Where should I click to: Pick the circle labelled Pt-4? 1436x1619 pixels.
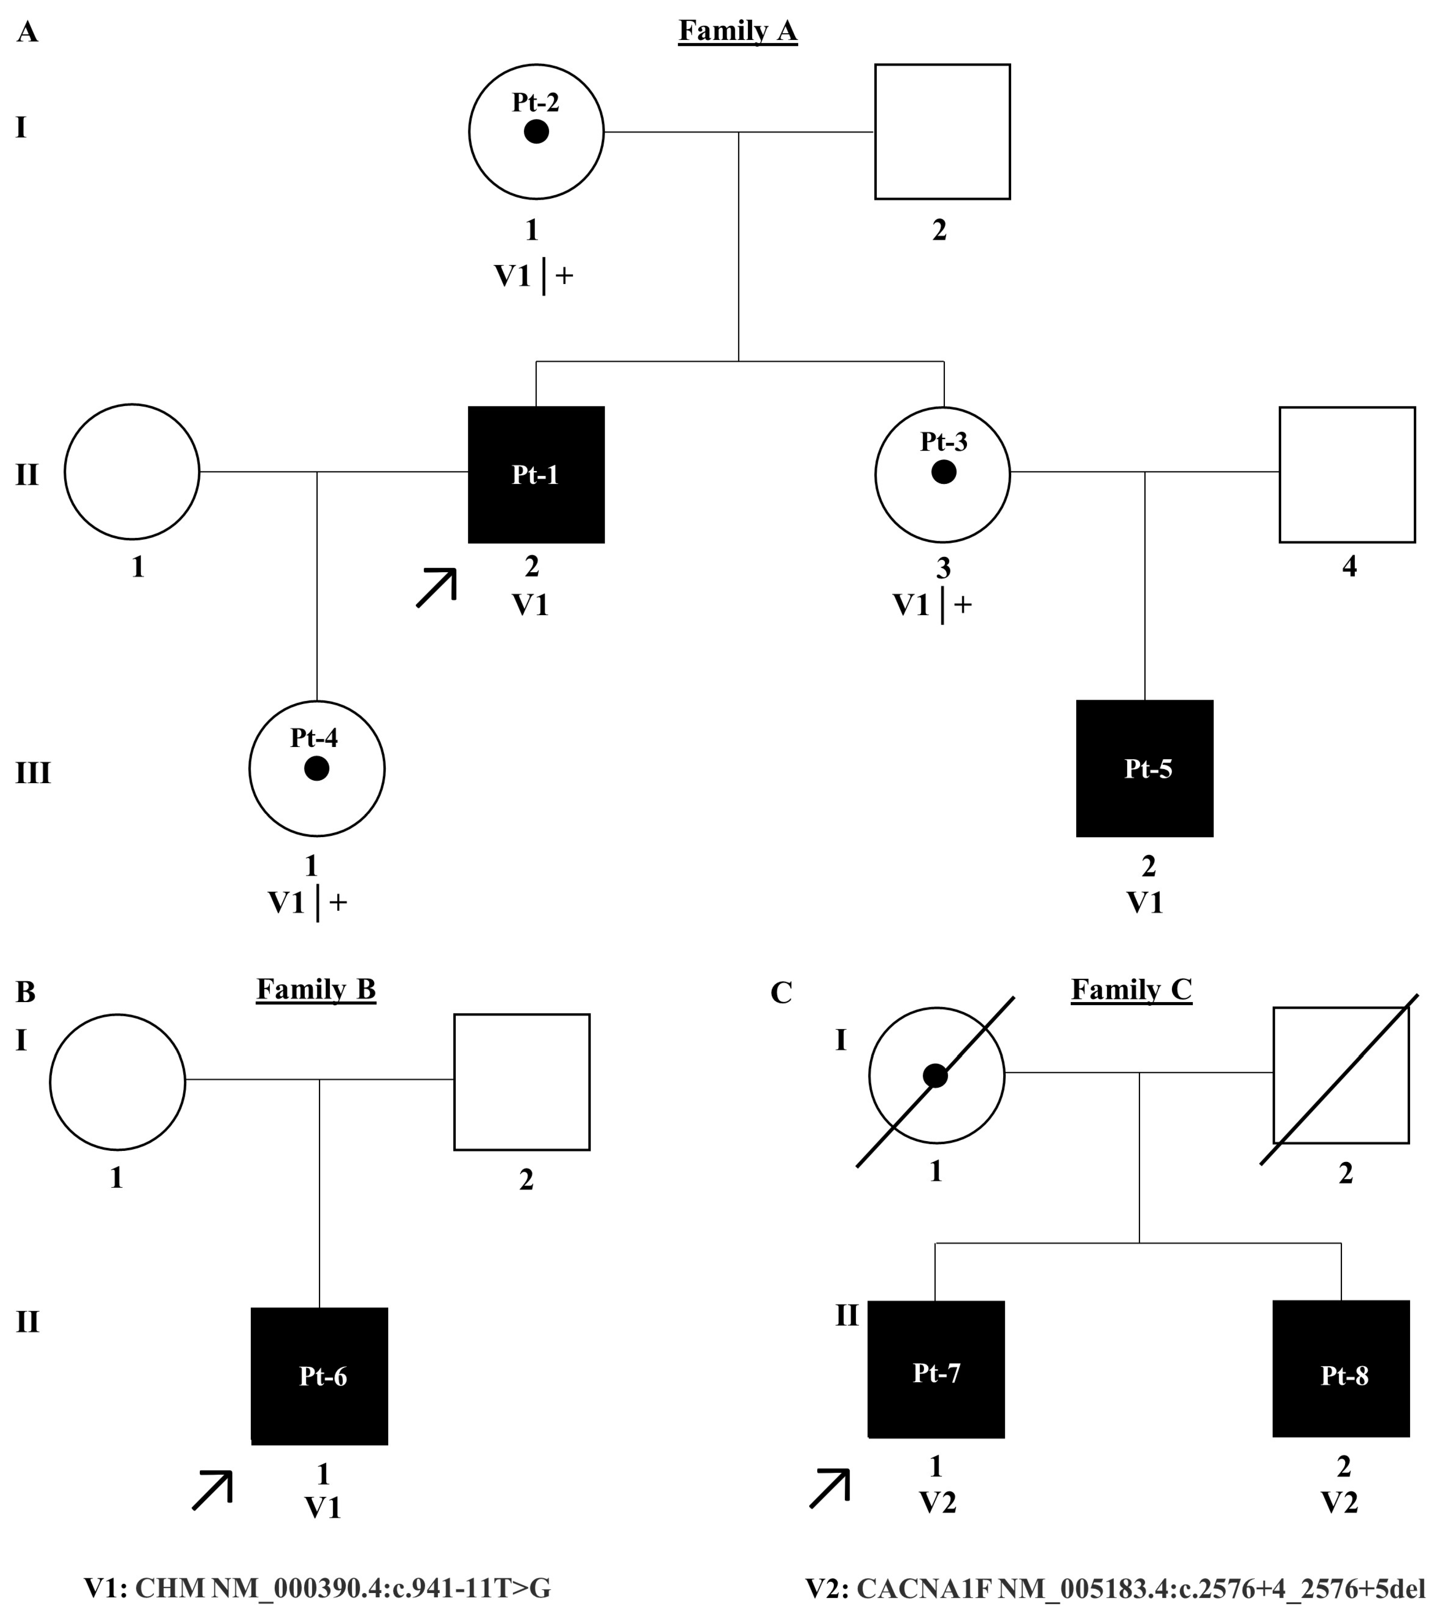tap(317, 768)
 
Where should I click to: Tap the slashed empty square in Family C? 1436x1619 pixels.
tap(1340, 1075)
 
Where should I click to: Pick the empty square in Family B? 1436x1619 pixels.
tap(521, 1081)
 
